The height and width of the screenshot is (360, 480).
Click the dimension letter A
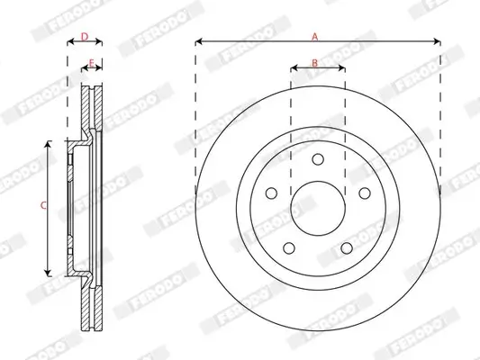(314, 36)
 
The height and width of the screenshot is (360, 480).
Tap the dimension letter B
(314, 62)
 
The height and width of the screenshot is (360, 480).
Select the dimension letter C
(42, 206)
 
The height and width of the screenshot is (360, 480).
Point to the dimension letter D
(84, 36)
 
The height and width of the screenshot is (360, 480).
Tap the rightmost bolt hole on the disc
(364, 193)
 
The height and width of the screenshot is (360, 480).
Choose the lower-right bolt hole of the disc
(346, 248)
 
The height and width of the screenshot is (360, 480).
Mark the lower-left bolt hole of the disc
(288, 248)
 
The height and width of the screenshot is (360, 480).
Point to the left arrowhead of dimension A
(198, 41)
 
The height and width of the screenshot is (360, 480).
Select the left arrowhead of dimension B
(294, 67)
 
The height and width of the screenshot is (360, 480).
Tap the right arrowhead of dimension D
(100, 41)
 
